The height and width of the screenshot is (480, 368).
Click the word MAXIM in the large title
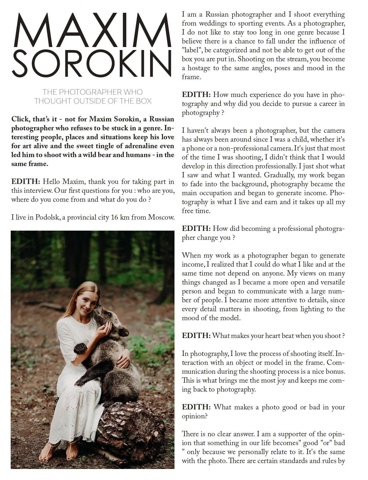[x=92, y=30]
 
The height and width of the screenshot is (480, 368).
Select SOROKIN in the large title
[x=92, y=63]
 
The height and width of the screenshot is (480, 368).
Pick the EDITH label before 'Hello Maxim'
[x=26, y=182]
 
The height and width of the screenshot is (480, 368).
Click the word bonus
[x=335, y=371]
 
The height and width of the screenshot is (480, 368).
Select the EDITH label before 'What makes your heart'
[x=196, y=336]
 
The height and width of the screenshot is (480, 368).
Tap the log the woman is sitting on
[x=131, y=429]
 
